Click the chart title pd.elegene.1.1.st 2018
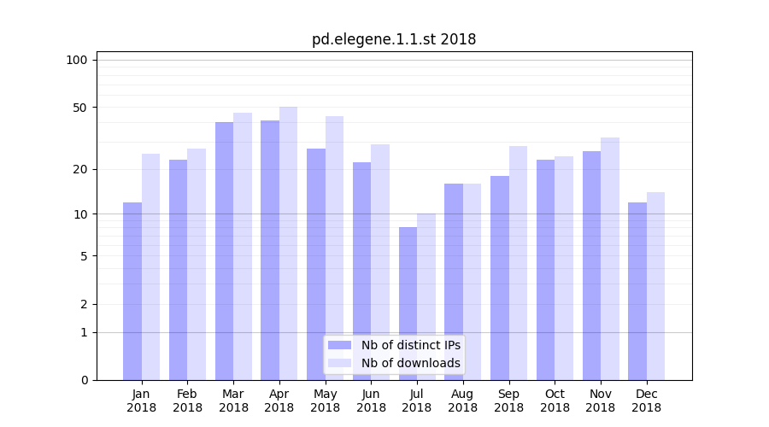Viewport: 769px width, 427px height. click(394, 39)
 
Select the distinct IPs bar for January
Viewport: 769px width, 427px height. click(132, 291)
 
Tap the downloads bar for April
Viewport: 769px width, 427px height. click(289, 243)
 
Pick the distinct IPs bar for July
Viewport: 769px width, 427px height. click(408, 303)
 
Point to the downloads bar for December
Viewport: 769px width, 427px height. click(655, 286)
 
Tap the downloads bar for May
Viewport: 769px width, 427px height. click(335, 248)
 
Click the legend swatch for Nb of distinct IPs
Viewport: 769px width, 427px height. click(339, 345)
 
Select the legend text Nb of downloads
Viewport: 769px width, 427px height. click(411, 363)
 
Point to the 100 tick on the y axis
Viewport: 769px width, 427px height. click(77, 60)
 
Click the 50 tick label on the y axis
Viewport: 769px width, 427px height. click(80, 108)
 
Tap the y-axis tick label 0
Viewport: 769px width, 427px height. click(84, 380)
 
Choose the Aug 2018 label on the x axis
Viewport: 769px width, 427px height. click(462, 401)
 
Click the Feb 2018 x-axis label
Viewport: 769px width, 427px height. click(187, 401)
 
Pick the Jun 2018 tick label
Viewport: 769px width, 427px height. click(371, 401)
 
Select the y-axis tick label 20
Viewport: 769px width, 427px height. click(80, 169)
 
